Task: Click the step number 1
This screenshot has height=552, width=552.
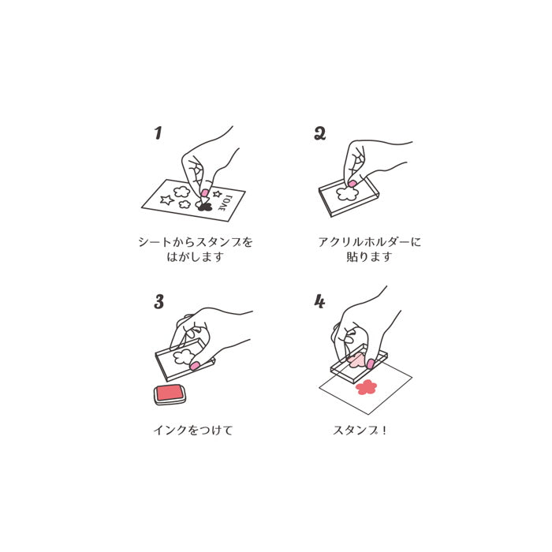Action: [x=158, y=133]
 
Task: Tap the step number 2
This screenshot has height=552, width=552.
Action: [x=320, y=133]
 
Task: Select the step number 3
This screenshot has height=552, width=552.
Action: [x=159, y=302]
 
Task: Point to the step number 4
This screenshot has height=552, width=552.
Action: [x=319, y=302]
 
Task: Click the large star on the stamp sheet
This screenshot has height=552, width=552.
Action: [x=166, y=200]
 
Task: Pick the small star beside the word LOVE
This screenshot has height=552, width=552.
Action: [x=217, y=194]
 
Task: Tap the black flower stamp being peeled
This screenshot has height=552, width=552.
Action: [x=204, y=207]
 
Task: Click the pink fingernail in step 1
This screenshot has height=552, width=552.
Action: [x=204, y=193]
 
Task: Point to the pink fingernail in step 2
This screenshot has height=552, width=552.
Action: [x=352, y=184]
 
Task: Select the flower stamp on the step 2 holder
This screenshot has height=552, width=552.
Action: [x=348, y=193]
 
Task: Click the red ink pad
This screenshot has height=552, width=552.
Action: [x=170, y=394]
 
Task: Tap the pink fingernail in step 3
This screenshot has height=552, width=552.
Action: [x=194, y=366]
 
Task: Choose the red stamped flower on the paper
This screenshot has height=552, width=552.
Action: [x=366, y=387]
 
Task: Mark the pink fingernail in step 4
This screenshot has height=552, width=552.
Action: [x=371, y=364]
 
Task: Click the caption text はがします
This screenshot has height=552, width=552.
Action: [x=195, y=256]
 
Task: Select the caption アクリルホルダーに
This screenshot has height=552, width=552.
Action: [x=369, y=242]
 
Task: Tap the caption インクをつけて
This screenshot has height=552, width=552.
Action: [x=193, y=430]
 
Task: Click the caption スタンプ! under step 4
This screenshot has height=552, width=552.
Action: [x=360, y=430]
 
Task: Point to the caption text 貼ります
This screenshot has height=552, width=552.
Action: [x=369, y=256]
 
